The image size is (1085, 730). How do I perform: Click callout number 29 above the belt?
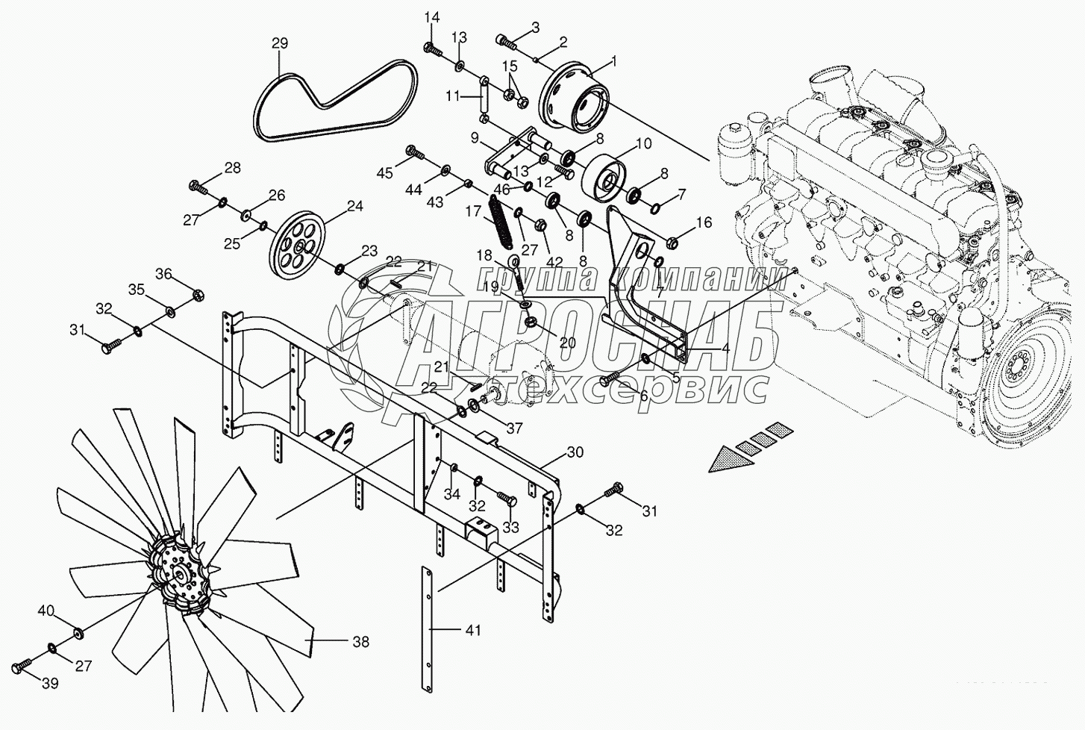click(279, 44)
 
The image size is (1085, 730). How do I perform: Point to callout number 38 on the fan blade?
click(361, 641)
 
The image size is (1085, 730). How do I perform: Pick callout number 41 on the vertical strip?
click(472, 631)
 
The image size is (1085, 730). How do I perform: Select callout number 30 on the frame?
click(575, 452)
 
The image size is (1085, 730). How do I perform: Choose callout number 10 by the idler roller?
click(643, 143)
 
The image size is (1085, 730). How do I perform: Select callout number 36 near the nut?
click(163, 274)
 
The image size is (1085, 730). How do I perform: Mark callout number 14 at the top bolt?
click(433, 17)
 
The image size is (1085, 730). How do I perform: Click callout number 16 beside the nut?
click(704, 222)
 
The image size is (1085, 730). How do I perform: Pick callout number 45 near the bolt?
click(384, 173)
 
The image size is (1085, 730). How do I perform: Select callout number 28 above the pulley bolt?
click(232, 168)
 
